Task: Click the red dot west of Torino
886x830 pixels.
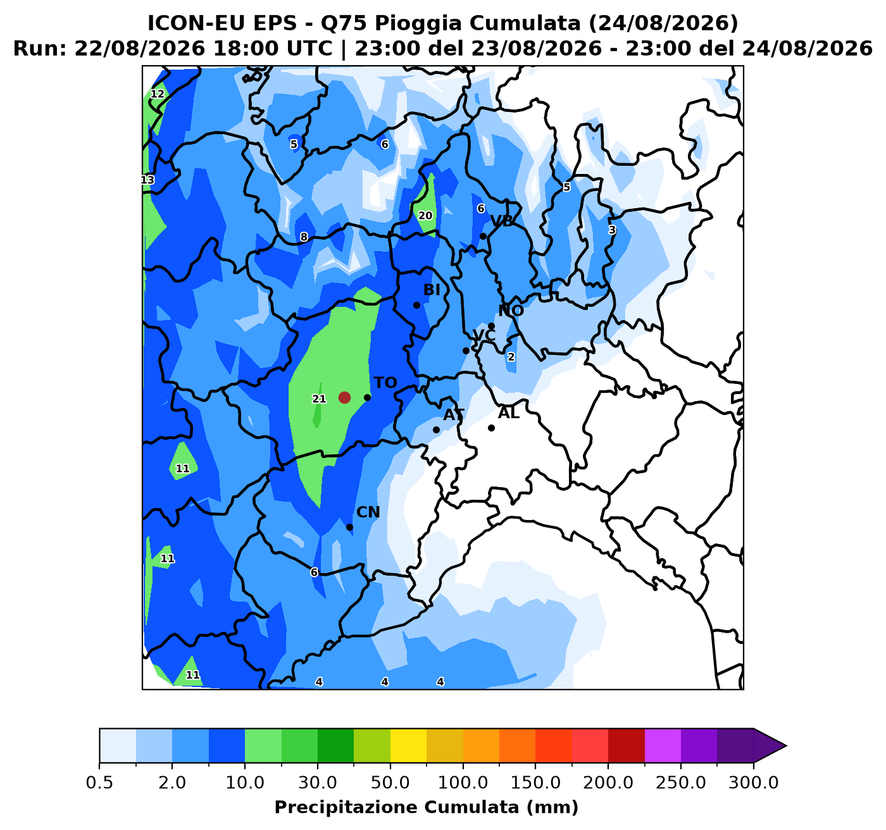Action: (x=344, y=397)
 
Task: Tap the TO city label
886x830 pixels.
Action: (x=385, y=383)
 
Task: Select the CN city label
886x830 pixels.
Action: (x=368, y=512)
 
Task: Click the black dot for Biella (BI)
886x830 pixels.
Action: (x=416, y=305)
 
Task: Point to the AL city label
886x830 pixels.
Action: (x=509, y=414)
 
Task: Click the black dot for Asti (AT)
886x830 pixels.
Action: (x=436, y=430)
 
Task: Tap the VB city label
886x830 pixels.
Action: (x=502, y=221)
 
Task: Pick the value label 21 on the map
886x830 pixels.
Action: (x=319, y=399)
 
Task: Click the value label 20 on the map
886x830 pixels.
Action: (x=425, y=216)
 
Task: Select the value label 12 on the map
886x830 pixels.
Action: (x=158, y=94)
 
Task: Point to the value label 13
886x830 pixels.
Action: (x=147, y=180)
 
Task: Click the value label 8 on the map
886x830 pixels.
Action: (x=304, y=237)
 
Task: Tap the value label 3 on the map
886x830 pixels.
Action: (x=613, y=230)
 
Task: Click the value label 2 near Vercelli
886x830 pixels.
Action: (x=511, y=357)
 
